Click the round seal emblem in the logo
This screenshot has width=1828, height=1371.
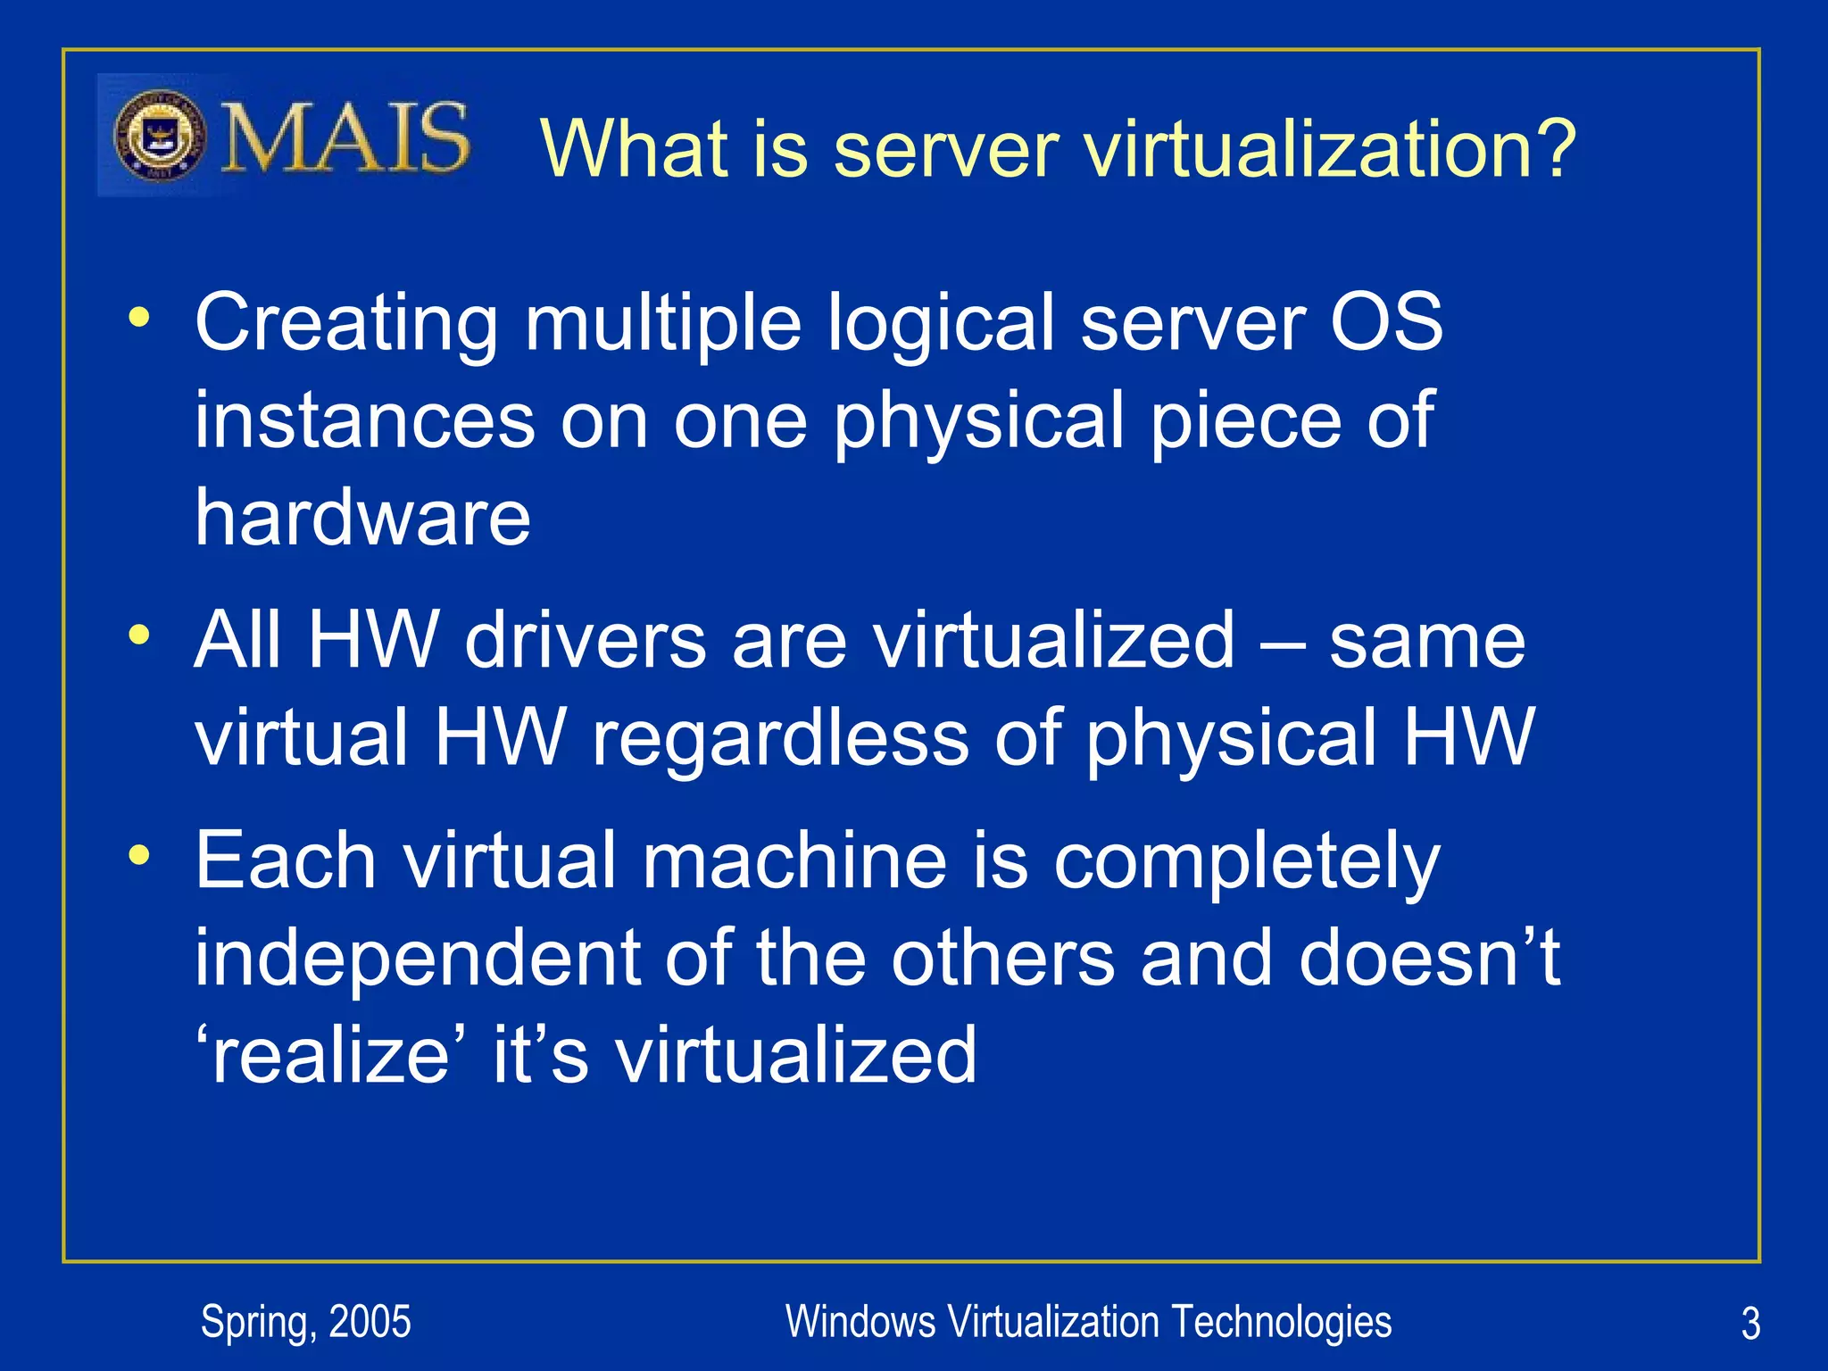161,137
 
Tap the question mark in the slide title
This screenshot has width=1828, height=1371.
1551,148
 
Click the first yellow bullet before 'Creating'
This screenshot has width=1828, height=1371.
138,318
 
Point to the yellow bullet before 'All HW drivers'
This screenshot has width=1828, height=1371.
138,636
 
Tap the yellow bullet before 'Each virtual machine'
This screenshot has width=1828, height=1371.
138,855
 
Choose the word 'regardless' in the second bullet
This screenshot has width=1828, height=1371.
780,737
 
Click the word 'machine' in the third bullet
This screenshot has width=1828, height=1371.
794,860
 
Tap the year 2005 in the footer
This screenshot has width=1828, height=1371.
370,1322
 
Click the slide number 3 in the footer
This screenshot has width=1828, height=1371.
1750,1324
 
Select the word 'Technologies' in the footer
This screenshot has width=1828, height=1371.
1281,1322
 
